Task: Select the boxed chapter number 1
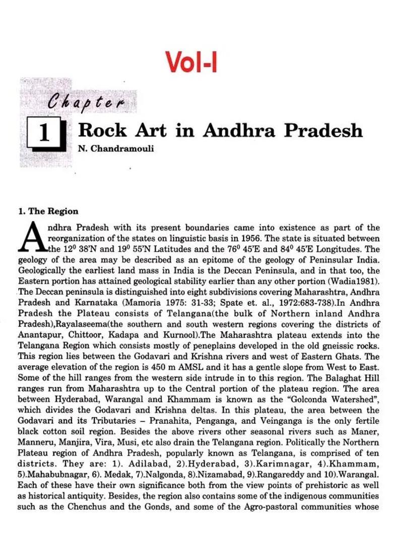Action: pyautogui.click(x=45, y=134)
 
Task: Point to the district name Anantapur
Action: pyautogui.click(x=37, y=334)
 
